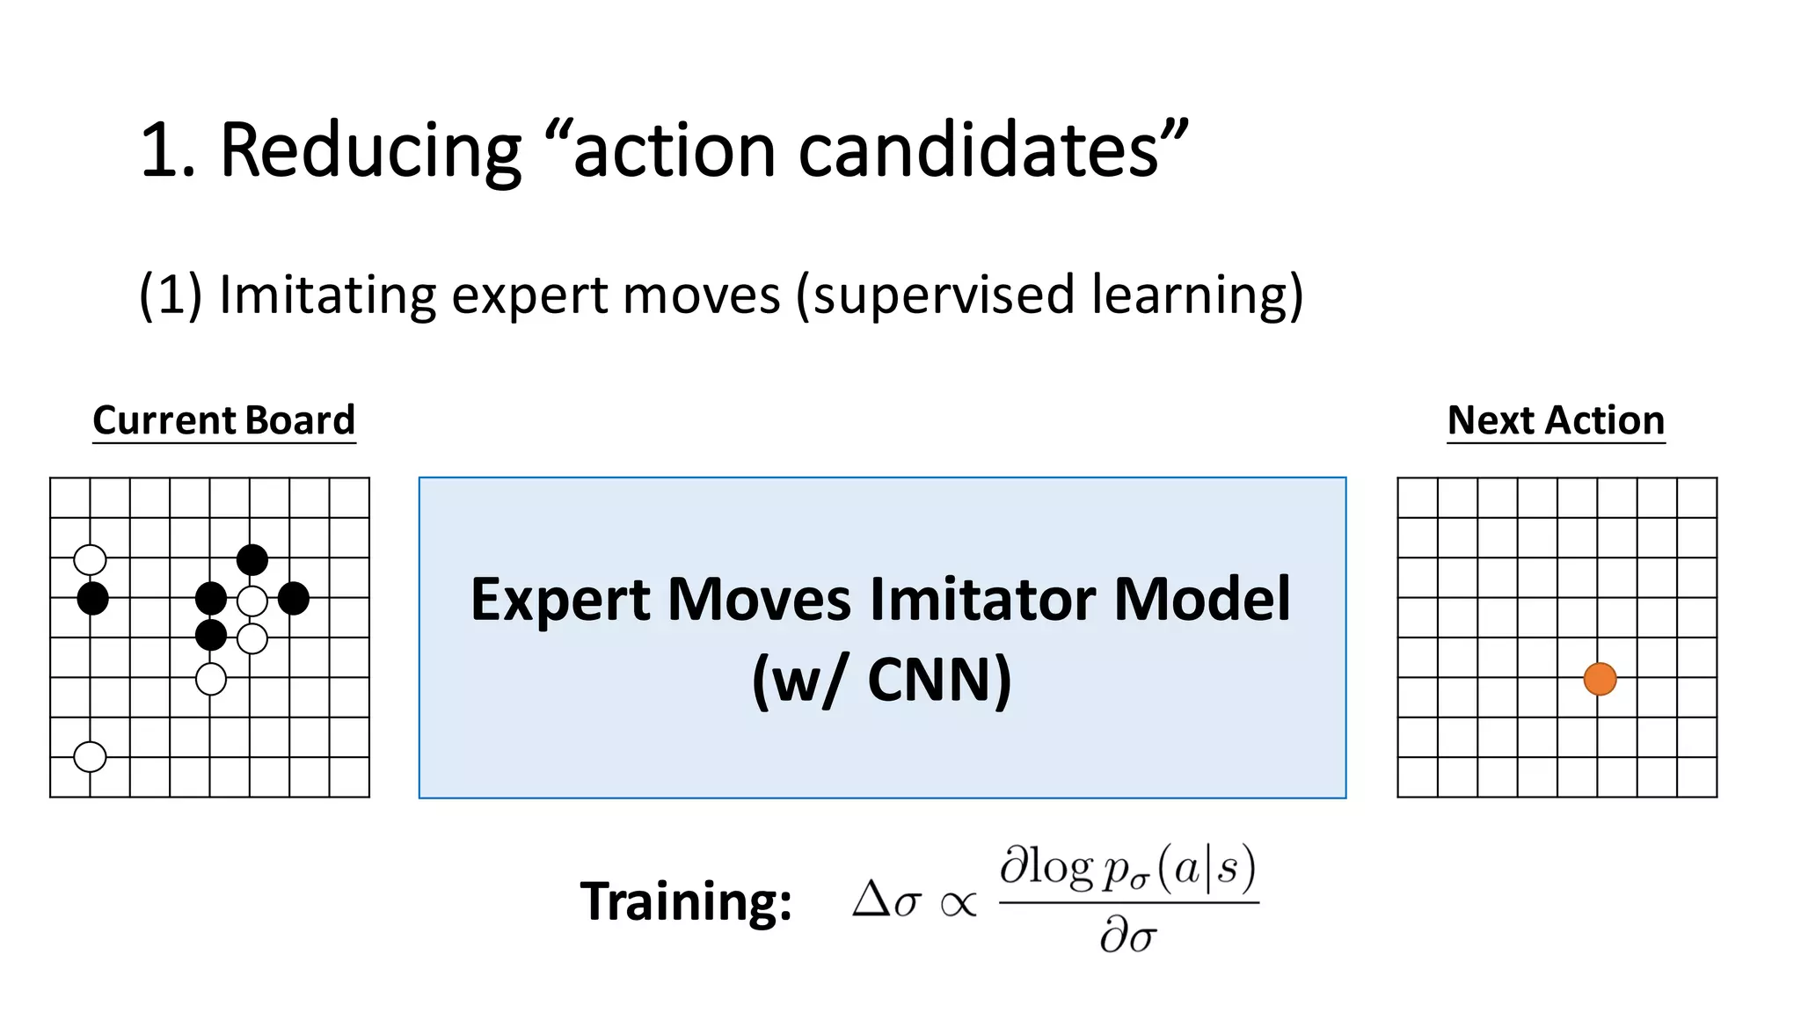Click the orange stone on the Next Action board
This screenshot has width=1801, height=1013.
(x=1600, y=679)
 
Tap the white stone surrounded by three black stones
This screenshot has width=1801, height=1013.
(x=252, y=601)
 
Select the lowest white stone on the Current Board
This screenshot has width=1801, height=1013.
(x=90, y=756)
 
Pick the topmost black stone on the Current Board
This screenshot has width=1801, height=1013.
(x=252, y=559)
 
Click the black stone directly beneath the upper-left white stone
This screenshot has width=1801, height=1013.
(x=92, y=599)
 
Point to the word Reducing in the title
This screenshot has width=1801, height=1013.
(x=370, y=149)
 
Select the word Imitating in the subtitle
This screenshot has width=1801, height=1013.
(x=327, y=295)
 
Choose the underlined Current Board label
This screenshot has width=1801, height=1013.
(x=224, y=420)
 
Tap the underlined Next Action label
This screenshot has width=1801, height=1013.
(x=1556, y=420)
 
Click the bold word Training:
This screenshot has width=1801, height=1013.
(x=686, y=901)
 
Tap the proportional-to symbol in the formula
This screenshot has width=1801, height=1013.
(x=959, y=903)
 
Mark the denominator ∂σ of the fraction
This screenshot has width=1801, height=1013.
(x=1128, y=935)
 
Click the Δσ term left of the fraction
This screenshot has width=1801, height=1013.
(x=886, y=900)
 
